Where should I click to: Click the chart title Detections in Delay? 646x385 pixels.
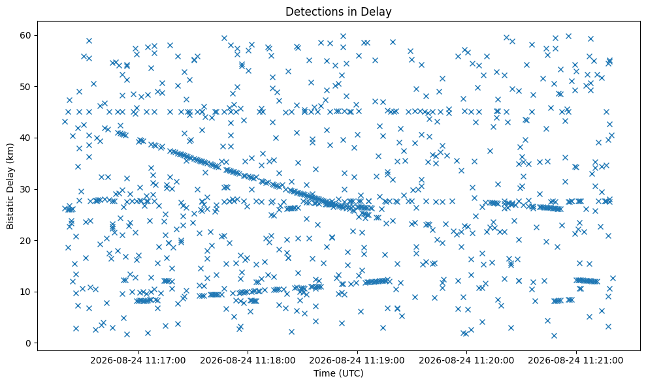point(338,12)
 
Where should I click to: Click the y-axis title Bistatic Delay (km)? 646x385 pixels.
point(10,186)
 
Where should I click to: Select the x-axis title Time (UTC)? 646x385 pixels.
point(338,373)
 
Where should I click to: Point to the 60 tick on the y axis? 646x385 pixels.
point(25,35)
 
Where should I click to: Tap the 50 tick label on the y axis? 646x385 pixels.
point(25,87)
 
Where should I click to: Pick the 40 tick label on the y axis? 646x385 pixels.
point(25,138)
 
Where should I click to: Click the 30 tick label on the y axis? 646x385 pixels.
point(25,189)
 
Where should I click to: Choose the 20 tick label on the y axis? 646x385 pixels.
point(25,241)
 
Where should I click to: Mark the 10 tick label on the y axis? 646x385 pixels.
point(25,292)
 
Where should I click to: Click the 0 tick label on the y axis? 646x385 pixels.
point(29,343)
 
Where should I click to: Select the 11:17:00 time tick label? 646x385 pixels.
point(138,361)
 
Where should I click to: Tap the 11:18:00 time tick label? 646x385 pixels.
point(248,361)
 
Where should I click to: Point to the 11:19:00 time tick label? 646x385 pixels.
point(357,361)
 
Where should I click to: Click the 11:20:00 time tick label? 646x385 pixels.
point(466,361)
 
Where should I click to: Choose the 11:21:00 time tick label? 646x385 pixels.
point(575,361)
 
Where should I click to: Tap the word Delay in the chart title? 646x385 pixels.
point(379,12)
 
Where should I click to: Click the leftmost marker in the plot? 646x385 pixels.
point(65,121)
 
